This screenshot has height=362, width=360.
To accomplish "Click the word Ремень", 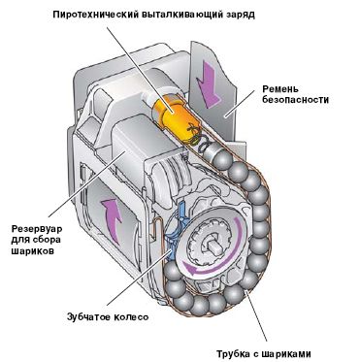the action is [280, 89].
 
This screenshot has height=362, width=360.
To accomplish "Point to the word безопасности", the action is [295, 100].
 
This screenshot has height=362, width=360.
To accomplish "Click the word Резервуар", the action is [37, 230].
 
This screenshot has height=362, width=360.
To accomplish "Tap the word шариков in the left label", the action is [33, 251].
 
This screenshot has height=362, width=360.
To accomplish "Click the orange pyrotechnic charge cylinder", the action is [174, 115].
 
